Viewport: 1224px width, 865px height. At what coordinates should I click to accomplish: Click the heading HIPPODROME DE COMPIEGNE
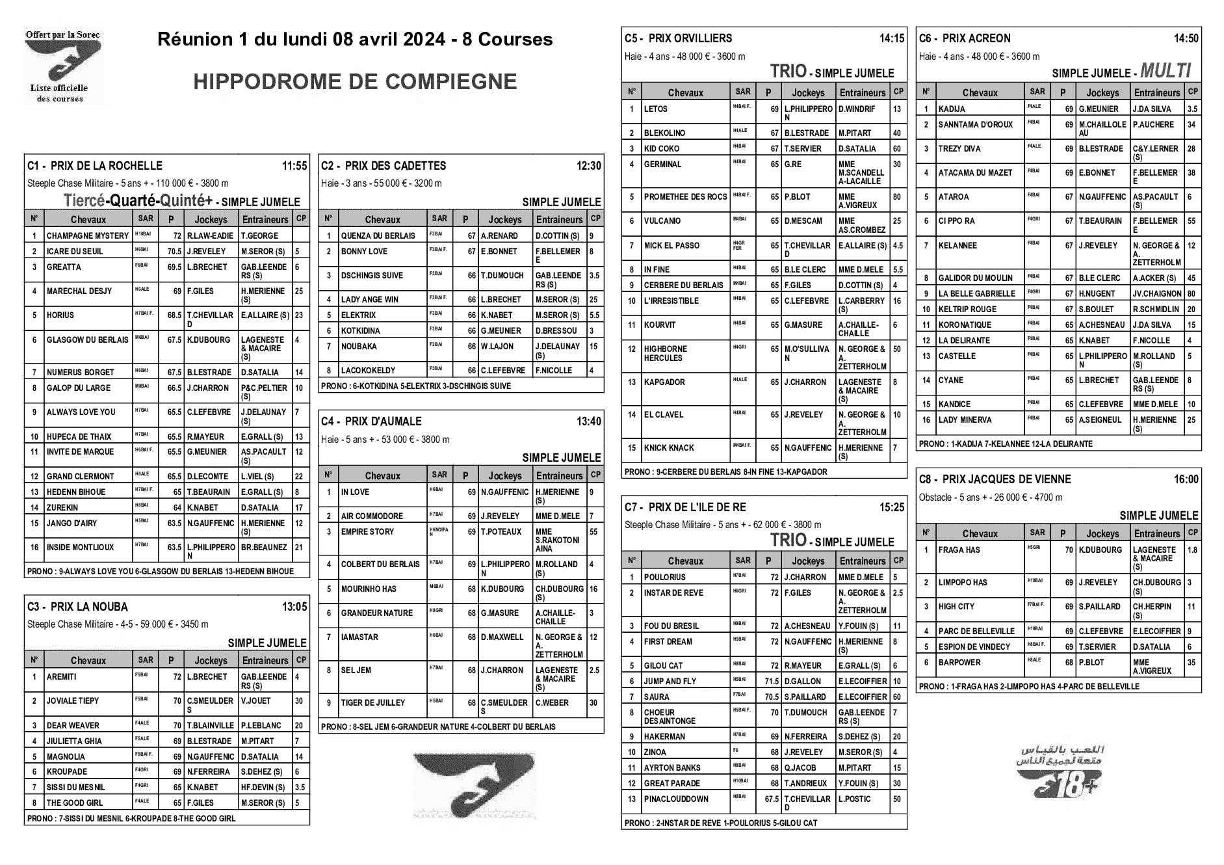[x=355, y=81]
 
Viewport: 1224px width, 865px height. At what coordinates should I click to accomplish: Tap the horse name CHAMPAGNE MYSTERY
[x=88, y=236]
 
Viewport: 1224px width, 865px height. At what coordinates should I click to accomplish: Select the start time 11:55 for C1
[x=294, y=166]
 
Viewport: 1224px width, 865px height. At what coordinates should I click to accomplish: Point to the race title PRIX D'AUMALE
[x=383, y=421]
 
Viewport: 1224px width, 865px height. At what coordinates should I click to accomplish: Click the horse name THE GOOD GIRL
[x=75, y=803]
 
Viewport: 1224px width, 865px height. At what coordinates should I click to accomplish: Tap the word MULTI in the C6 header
[x=1165, y=71]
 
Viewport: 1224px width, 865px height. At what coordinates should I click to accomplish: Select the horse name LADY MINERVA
[x=965, y=420]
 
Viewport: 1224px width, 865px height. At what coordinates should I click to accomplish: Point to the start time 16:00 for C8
[x=1186, y=479]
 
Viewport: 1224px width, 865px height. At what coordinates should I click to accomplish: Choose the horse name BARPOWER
[x=959, y=663]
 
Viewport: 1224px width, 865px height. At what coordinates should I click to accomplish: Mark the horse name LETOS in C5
[x=655, y=109]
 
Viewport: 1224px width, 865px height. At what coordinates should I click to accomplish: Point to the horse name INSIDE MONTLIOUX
[x=80, y=548]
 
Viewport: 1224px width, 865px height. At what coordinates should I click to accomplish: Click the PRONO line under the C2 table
[x=416, y=386]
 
